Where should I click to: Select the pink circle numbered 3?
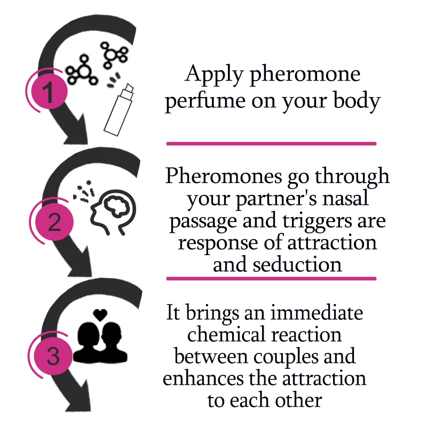pyautogui.click(x=53, y=357)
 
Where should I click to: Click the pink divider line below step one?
pyautogui.click(x=271, y=144)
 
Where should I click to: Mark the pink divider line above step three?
pyautogui.click(x=271, y=279)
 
